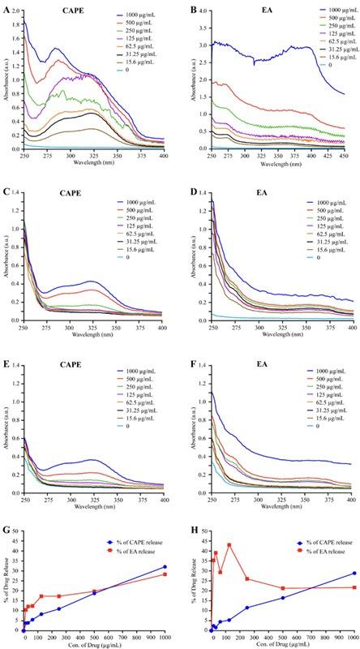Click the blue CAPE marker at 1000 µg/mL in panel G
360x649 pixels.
point(165,567)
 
